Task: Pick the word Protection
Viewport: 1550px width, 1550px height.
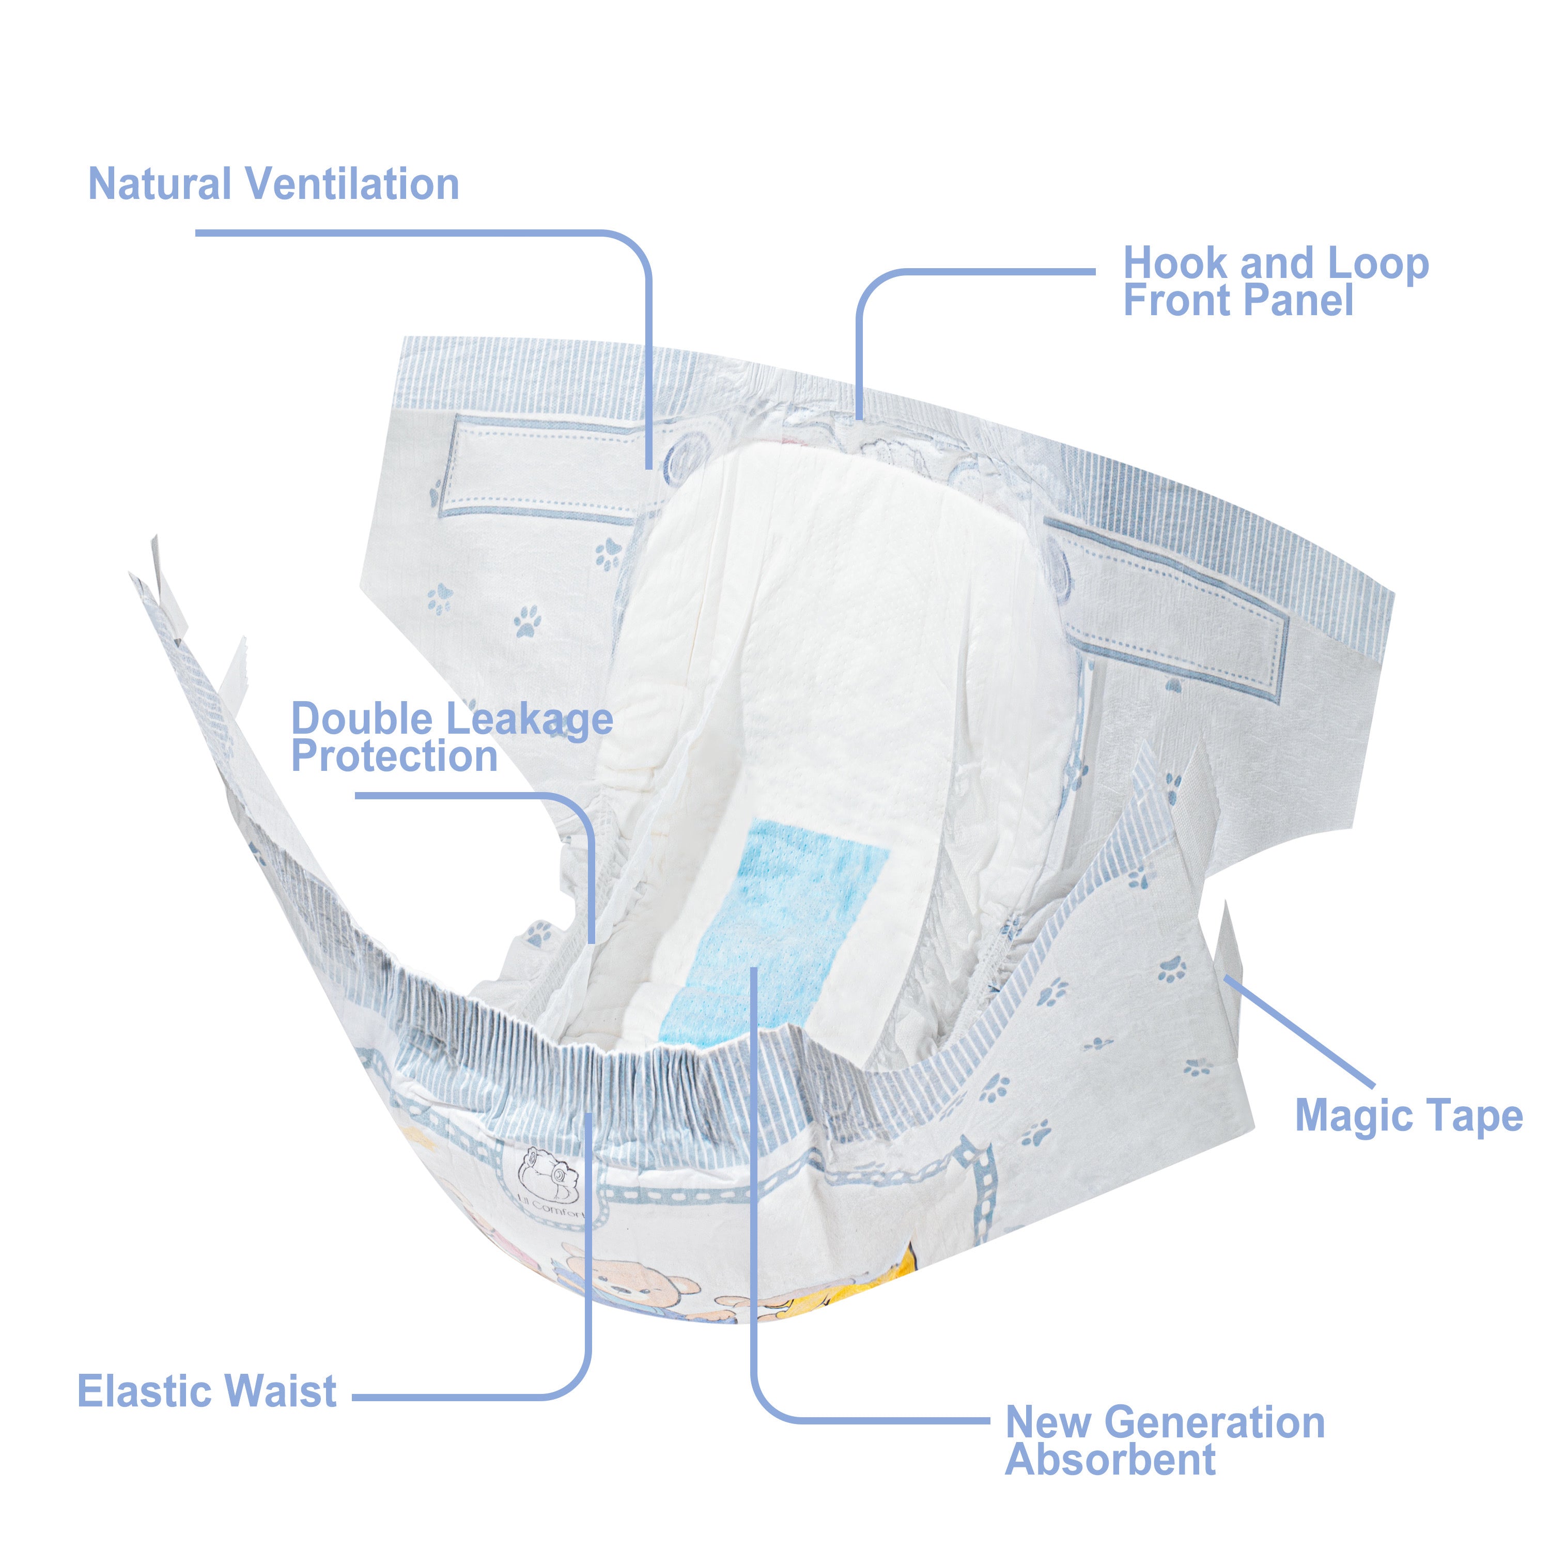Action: pos(394,756)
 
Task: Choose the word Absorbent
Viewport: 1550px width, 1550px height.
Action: pos(1111,1460)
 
